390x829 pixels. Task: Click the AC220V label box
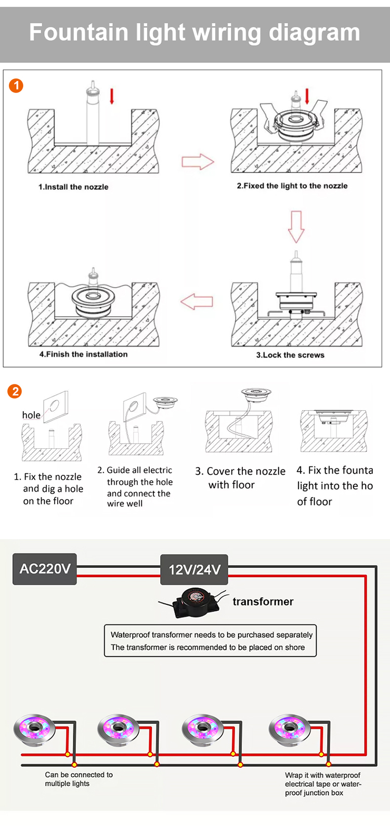tap(45, 568)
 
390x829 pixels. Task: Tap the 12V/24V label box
tap(194, 569)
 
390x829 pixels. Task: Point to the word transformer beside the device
tap(263, 602)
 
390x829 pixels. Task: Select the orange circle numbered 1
tap(16, 85)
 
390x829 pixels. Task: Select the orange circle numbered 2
tap(15, 391)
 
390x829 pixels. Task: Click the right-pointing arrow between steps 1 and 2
tap(198, 162)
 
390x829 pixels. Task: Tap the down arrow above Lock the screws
tap(296, 226)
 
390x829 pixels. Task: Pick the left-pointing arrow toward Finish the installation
tap(197, 301)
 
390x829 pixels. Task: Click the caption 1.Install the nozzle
tap(73, 187)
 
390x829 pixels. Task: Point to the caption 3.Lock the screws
tap(290, 355)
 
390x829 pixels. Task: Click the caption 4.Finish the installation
tap(83, 354)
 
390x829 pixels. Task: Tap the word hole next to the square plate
tap(31, 415)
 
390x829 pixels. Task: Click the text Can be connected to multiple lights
tap(78, 779)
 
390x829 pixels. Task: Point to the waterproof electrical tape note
tap(322, 784)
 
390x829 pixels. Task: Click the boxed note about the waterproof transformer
tap(211, 641)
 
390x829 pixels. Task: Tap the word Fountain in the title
tap(79, 32)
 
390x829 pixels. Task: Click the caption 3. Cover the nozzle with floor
tap(240, 478)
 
